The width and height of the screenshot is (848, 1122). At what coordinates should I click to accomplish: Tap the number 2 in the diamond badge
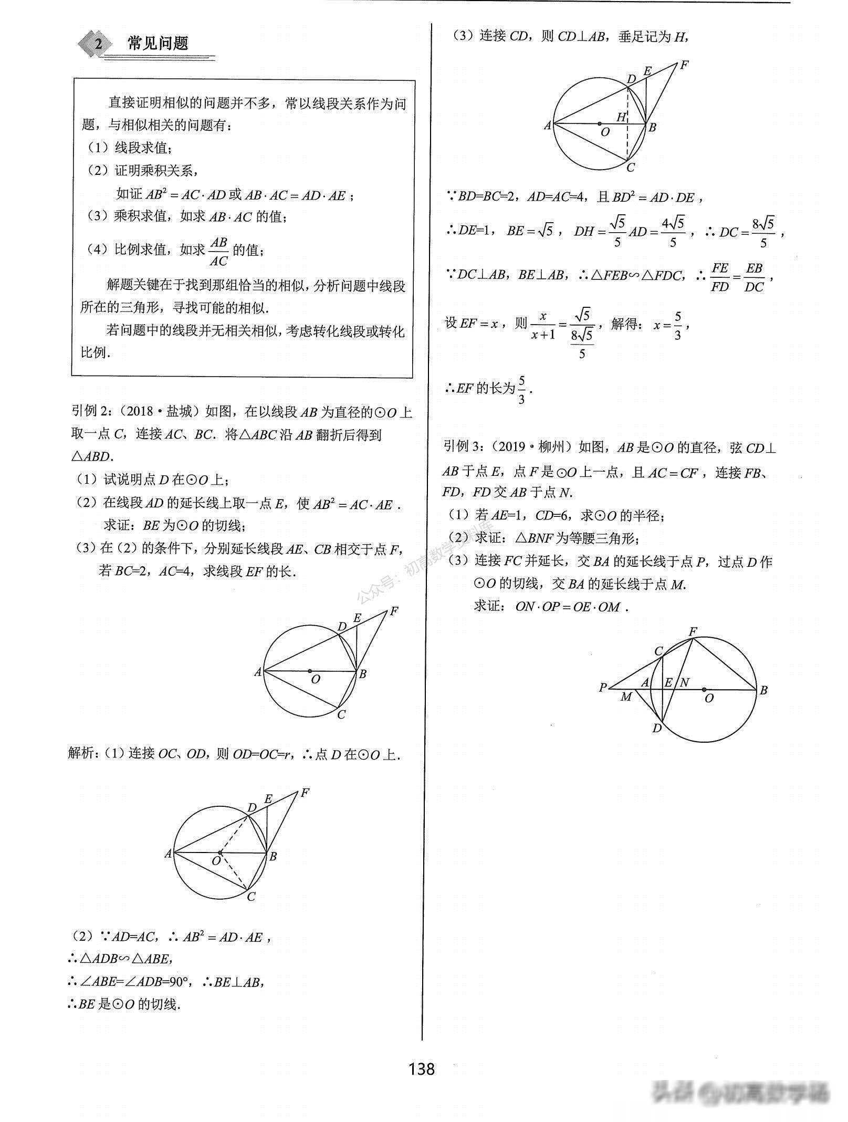(x=98, y=44)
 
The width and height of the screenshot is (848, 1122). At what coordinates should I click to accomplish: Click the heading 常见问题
(x=158, y=43)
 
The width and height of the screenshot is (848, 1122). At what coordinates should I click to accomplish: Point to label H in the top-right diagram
(x=622, y=117)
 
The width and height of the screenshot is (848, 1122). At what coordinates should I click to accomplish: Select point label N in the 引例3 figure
(x=685, y=682)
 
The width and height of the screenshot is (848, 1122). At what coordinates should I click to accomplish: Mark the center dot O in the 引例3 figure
(x=704, y=689)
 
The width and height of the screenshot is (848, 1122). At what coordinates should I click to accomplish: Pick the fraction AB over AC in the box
(x=218, y=252)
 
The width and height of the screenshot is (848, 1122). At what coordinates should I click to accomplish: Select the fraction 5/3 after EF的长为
(x=521, y=390)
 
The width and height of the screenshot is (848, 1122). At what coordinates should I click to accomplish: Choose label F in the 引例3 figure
(x=693, y=630)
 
